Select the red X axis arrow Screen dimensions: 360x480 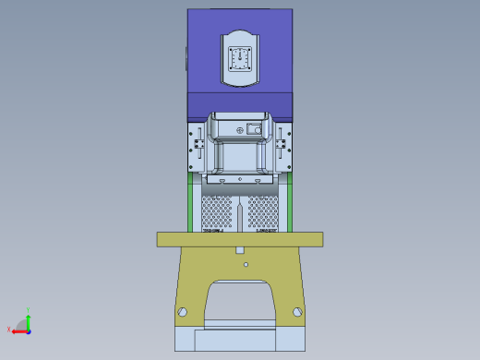(x=17, y=329)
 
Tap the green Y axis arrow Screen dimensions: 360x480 (x=29, y=319)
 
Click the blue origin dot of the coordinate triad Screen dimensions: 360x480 (x=29, y=329)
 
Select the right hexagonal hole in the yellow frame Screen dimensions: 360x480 (x=296, y=312)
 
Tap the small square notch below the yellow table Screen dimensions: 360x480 (x=240, y=250)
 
